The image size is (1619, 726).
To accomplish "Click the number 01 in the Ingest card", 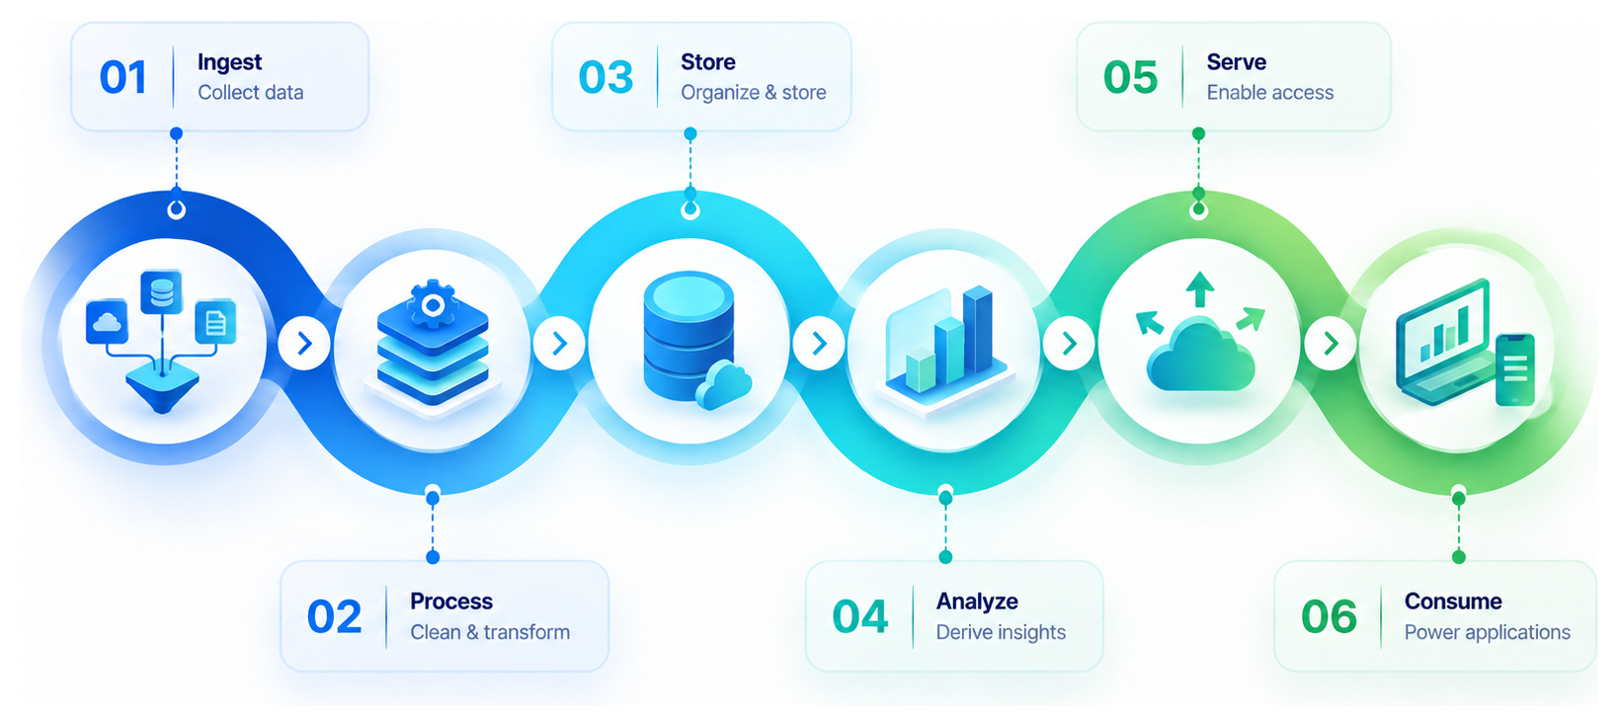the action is point(122,77).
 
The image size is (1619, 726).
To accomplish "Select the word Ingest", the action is point(229,63).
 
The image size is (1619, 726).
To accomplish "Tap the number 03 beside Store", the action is point(606,77).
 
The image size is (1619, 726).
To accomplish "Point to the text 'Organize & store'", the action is point(753,93).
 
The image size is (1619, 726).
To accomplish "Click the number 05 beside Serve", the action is point(1130,77).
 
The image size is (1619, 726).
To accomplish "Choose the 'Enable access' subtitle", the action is point(1270,93).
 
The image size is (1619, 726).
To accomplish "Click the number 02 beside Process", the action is point(334,617).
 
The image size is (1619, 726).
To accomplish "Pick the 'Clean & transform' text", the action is point(490,632).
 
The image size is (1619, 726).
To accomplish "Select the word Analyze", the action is point(977,602).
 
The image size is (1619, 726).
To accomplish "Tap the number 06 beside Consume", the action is point(1329,617).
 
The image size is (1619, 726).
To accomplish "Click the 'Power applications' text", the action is point(1488,632).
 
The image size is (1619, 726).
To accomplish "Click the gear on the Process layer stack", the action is point(433,304).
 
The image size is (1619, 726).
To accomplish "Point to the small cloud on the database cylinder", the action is point(723,386).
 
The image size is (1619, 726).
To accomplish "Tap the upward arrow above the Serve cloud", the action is point(1200,289).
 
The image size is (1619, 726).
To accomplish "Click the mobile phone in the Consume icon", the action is point(1515,369).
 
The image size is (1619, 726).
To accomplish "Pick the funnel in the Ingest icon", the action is point(163,385).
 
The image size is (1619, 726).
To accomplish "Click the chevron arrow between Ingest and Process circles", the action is point(304,344).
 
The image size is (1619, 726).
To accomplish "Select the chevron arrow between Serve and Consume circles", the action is point(1331,344).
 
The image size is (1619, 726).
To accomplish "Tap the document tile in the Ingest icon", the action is point(215,321).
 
